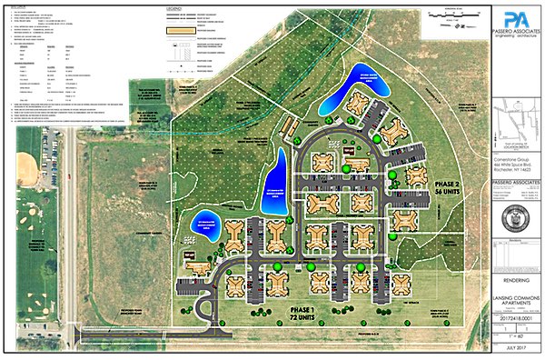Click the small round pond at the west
coord(202,223)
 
